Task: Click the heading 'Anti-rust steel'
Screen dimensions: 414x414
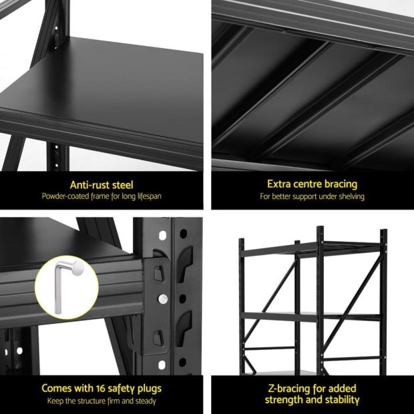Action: coord(101,184)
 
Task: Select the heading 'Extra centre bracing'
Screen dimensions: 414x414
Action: coord(312,184)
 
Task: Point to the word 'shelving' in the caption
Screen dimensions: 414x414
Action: coord(351,196)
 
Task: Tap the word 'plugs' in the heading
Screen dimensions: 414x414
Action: coord(148,388)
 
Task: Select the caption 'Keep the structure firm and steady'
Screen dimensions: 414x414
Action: coord(101,401)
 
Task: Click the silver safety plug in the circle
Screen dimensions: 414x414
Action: coord(65,286)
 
